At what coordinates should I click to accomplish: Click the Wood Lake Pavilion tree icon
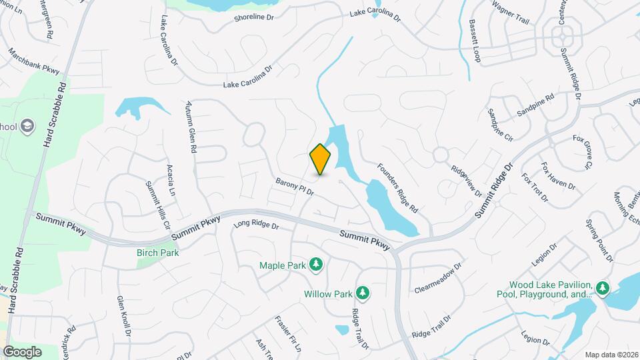[603, 287]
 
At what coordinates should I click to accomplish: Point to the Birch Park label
[158, 253]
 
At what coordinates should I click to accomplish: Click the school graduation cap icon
[27, 125]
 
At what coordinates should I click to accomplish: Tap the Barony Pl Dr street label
[294, 187]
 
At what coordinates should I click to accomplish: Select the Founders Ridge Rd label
[397, 189]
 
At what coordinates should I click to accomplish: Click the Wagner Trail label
[510, 13]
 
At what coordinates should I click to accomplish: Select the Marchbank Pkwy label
[33, 61]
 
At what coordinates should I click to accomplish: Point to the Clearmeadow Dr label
[438, 279]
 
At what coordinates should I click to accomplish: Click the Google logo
[22, 351]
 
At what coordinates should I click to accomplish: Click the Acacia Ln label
[171, 180]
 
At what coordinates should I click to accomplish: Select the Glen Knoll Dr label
[124, 315]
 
